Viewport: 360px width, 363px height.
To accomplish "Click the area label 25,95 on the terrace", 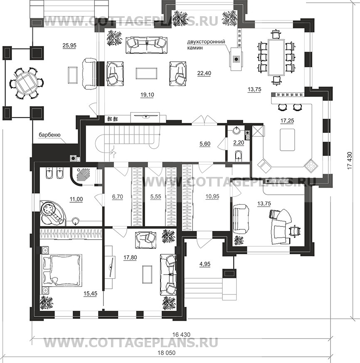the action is point(69,45).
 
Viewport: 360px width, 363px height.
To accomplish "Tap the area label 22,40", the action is point(204,73).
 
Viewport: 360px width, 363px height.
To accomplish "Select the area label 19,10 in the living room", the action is point(147,94).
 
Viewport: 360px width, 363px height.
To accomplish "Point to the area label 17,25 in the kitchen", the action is point(287,120).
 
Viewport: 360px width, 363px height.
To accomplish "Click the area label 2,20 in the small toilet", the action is point(239,142).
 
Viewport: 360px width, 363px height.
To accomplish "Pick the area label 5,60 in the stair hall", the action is point(205,144).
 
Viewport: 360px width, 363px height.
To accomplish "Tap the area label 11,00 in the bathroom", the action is point(76,199).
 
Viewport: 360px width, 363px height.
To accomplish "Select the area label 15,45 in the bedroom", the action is point(90,294).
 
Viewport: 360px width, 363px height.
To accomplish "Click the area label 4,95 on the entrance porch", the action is point(205,264).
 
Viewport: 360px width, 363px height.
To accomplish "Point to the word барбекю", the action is point(49,135).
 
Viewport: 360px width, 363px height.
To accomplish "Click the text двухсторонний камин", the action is point(206,45).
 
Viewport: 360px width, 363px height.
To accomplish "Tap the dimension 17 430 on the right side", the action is point(350,160).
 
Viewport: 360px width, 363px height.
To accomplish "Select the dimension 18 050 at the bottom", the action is point(166,353).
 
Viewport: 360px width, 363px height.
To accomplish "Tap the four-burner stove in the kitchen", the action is point(311,165).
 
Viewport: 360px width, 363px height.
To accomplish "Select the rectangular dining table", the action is point(276,57).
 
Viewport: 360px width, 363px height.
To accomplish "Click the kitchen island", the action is point(287,140).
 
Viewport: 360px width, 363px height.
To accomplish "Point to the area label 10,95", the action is point(212,196).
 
